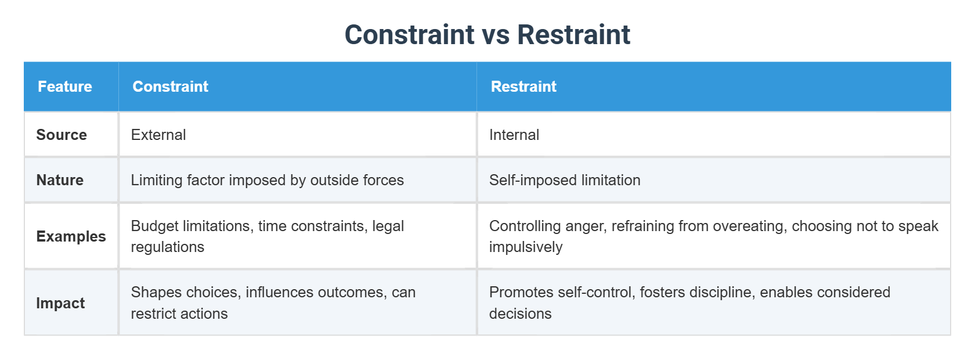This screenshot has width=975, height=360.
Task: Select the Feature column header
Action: click(x=65, y=87)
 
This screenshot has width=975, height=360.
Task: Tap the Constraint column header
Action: click(x=170, y=87)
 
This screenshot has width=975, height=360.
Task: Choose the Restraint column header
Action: click(x=523, y=87)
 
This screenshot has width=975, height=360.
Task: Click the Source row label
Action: click(x=62, y=135)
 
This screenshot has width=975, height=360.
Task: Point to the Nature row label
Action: click(x=60, y=180)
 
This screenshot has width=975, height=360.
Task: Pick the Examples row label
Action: click(x=71, y=236)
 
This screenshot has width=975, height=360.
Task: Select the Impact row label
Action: click(x=60, y=303)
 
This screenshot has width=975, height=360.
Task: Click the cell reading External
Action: click(x=158, y=135)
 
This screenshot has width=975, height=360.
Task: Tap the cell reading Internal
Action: click(x=514, y=135)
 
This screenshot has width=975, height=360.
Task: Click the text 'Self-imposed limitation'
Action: click(x=565, y=180)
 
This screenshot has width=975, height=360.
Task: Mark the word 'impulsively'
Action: click(x=526, y=247)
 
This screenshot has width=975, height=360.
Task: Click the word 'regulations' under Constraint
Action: click(x=167, y=247)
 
